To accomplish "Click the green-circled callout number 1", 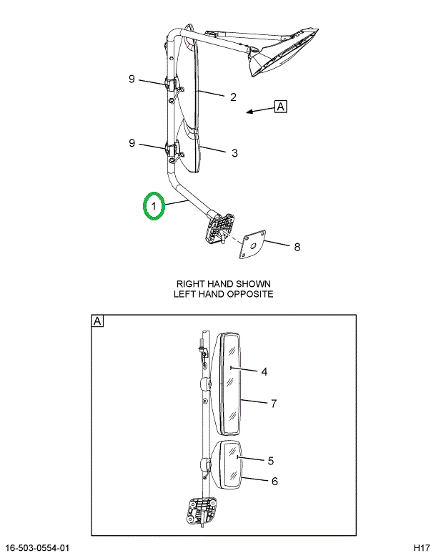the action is tap(154, 206).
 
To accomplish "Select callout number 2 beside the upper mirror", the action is tap(233, 97).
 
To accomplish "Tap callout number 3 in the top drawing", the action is tap(234, 153).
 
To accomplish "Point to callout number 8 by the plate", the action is tap(297, 247).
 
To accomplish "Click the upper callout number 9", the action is tap(132, 79).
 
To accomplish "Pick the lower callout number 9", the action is tap(132, 143).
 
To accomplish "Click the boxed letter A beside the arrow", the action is tap(280, 107).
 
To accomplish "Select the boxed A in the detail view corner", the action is tap(97, 321).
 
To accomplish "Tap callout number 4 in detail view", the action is tap(264, 371).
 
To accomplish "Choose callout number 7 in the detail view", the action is tap(274, 404).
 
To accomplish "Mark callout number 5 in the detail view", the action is tap(271, 461).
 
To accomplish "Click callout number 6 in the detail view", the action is tap(274, 481).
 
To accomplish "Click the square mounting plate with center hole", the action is tap(252, 245).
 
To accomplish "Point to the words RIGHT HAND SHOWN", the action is tap(224, 284).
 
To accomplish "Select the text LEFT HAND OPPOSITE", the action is tap(224, 294).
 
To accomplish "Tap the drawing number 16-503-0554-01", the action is tap(38, 548).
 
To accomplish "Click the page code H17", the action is tap(422, 548).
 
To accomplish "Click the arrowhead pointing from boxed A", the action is tap(249, 112).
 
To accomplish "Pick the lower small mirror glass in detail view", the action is tap(232, 466).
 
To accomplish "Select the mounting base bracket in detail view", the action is tap(201, 511).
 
